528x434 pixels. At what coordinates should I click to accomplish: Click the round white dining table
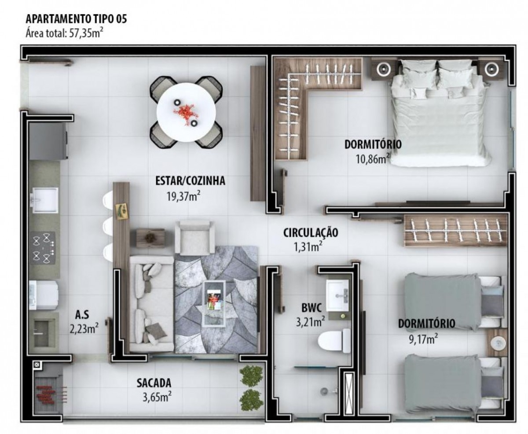coord(186,112)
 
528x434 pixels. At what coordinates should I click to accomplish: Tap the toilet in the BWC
coord(334,341)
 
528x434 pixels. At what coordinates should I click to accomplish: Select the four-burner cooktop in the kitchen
coord(43,248)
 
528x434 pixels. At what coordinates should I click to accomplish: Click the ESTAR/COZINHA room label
coord(190,181)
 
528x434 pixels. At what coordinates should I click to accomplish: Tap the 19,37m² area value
coord(183,197)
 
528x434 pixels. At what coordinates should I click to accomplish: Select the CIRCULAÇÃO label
coord(311,233)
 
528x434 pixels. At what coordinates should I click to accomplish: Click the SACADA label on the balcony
coord(154,383)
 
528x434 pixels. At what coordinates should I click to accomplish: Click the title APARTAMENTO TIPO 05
coord(77,19)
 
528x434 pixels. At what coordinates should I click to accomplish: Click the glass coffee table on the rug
coord(215,304)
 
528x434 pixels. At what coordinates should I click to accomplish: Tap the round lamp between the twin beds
coord(497,342)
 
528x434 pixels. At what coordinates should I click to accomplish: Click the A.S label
coord(82,315)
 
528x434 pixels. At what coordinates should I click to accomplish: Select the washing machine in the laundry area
coord(44,295)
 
